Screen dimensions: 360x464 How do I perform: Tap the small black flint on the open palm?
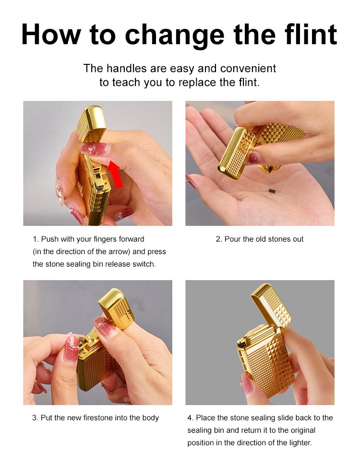point(271,191)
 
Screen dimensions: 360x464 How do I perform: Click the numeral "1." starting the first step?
point(36,239)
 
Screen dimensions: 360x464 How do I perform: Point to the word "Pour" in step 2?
point(232,239)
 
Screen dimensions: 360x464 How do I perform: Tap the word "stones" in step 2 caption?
point(279,239)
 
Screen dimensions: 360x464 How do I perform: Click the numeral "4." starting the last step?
point(191,418)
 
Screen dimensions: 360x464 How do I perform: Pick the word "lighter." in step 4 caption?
point(301,443)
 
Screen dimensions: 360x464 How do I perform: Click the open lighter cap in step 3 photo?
point(116,308)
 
